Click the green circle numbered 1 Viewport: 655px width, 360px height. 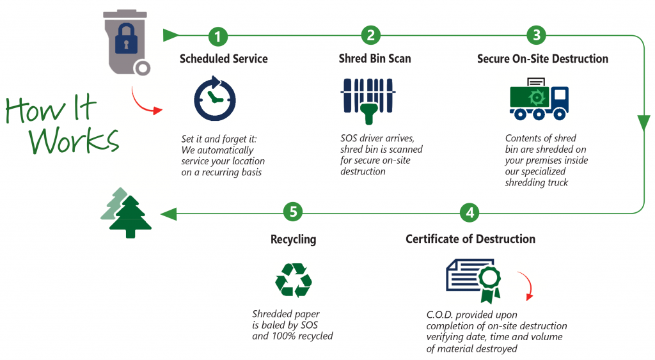218,36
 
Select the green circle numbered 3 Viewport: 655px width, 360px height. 536,36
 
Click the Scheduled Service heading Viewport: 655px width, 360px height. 223,59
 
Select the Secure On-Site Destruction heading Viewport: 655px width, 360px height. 542,59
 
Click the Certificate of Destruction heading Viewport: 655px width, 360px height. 470,239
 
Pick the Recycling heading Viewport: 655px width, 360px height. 293,240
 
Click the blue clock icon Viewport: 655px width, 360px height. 215,98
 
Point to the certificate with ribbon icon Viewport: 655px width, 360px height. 473,278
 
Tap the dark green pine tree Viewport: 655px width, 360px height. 130,217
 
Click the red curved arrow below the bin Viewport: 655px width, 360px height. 145,101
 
